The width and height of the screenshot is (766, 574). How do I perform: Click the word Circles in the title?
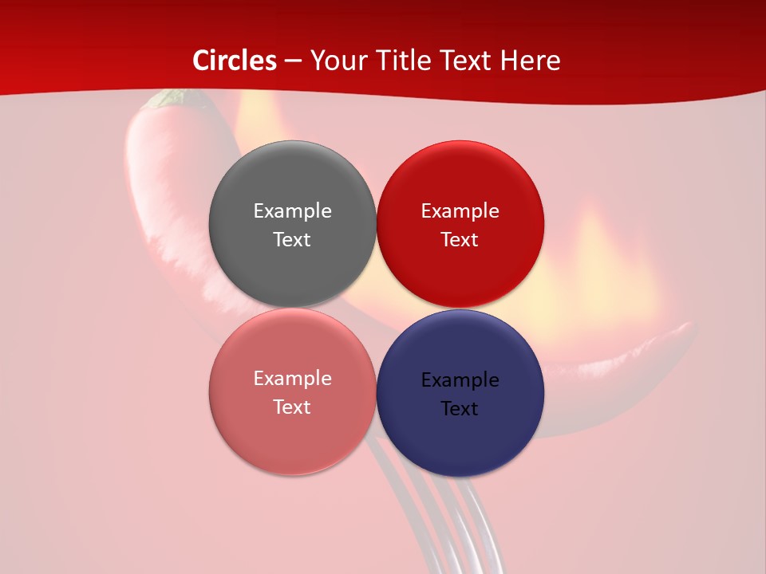click(x=235, y=60)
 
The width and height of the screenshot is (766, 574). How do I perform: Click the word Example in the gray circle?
click(x=292, y=210)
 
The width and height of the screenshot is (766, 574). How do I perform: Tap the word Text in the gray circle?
click(x=292, y=239)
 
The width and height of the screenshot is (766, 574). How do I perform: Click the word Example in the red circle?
click(x=460, y=210)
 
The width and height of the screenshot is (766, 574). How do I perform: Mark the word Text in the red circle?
click(x=460, y=239)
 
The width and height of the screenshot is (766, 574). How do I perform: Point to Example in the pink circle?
click(x=292, y=378)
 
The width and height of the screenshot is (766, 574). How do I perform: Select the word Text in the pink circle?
click(x=292, y=407)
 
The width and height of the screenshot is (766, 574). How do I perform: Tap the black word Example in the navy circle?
click(x=460, y=379)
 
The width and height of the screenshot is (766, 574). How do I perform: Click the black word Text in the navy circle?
click(x=460, y=408)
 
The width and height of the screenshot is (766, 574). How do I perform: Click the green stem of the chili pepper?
click(x=171, y=98)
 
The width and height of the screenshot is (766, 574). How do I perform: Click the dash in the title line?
click(x=293, y=61)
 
